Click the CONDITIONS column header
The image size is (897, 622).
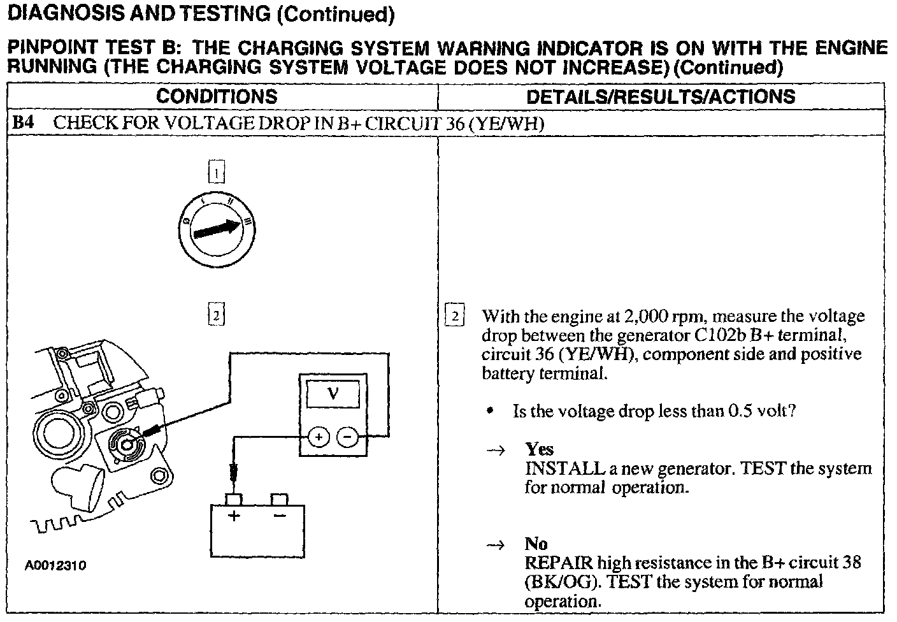(x=217, y=97)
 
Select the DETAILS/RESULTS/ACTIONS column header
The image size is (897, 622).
(x=661, y=97)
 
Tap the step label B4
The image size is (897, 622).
(x=24, y=123)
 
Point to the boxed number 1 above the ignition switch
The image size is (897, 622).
(x=217, y=173)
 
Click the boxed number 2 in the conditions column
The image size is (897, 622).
(x=217, y=315)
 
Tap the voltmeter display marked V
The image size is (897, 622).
(x=333, y=394)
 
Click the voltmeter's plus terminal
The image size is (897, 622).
(x=319, y=437)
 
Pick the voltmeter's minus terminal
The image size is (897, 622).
(x=347, y=437)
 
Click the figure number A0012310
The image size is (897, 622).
(x=56, y=565)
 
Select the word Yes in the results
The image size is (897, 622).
(x=539, y=449)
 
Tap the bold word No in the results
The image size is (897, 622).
(x=536, y=544)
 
